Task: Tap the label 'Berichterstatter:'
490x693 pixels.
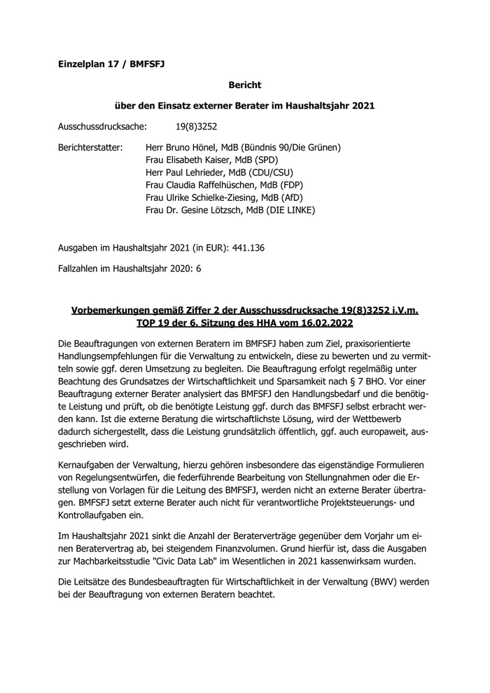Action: coord(90,148)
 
